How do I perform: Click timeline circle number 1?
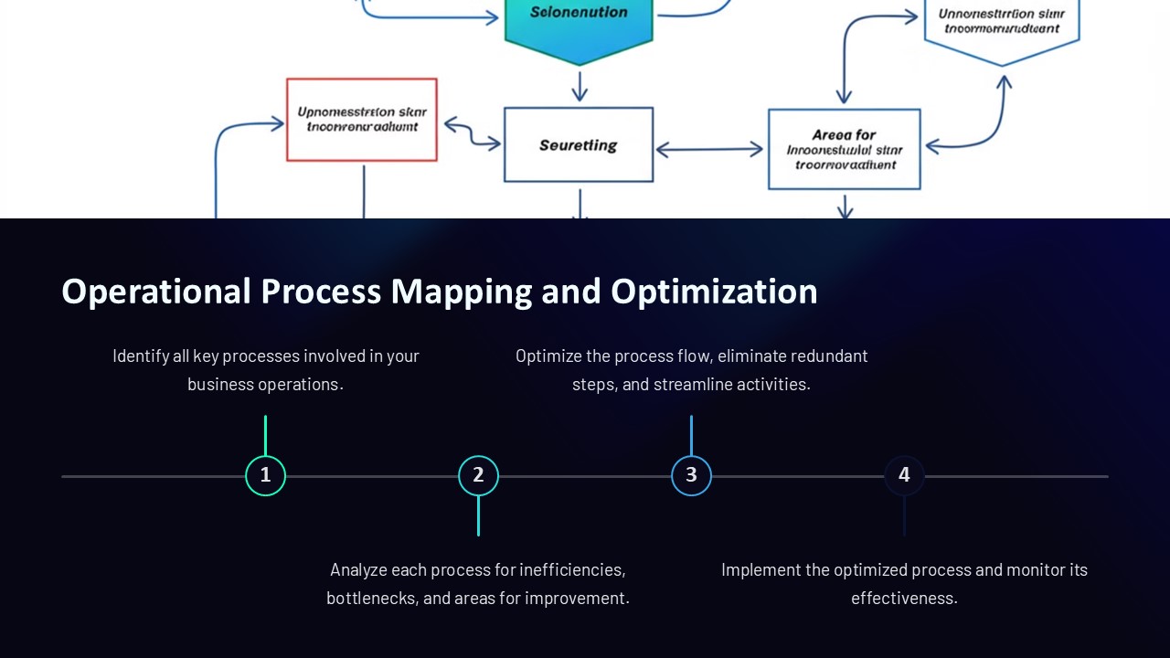(x=265, y=475)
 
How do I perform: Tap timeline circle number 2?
(x=478, y=475)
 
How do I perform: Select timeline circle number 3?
(x=691, y=475)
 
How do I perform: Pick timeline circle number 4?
(x=904, y=475)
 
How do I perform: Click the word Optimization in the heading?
(x=714, y=292)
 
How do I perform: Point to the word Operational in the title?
(x=155, y=292)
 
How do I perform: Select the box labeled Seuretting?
(x=579, y=144)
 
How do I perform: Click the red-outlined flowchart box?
(x=361, y=120)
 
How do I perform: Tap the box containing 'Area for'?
(x=844, y=149)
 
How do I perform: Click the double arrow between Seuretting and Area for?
(x=709, y=148)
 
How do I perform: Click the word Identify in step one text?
(x=140, y=356)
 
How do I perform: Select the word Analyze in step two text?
(x=358, y=570)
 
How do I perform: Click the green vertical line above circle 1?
(x=265, y=435)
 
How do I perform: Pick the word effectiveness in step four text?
(x=904, y=599)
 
